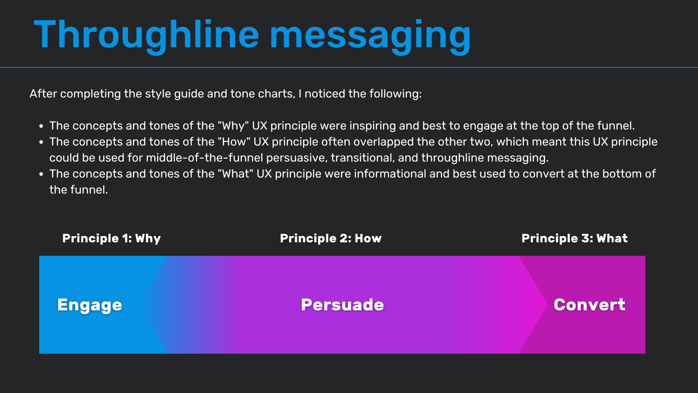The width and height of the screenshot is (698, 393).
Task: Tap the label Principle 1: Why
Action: coord(112,238)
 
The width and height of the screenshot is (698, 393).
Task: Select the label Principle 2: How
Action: coord(331,238)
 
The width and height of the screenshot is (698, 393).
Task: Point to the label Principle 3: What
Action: coord(574,238)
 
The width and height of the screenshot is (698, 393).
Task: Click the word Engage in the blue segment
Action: coord(90,305)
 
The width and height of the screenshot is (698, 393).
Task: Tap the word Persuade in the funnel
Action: coord(342,305)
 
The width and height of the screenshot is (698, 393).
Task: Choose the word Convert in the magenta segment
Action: coord(589,305)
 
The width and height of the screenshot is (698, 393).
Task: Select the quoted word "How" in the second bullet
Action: coord(234,142)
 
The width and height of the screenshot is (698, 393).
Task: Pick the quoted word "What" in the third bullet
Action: coord(236,174)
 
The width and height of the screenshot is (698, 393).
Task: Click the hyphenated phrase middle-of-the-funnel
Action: coord(204,158)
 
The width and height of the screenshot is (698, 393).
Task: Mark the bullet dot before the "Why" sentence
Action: coord(41,126)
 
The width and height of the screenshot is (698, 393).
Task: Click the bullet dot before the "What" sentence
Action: coord(41,174)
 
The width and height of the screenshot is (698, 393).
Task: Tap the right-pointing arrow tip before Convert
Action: coord(547,305)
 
